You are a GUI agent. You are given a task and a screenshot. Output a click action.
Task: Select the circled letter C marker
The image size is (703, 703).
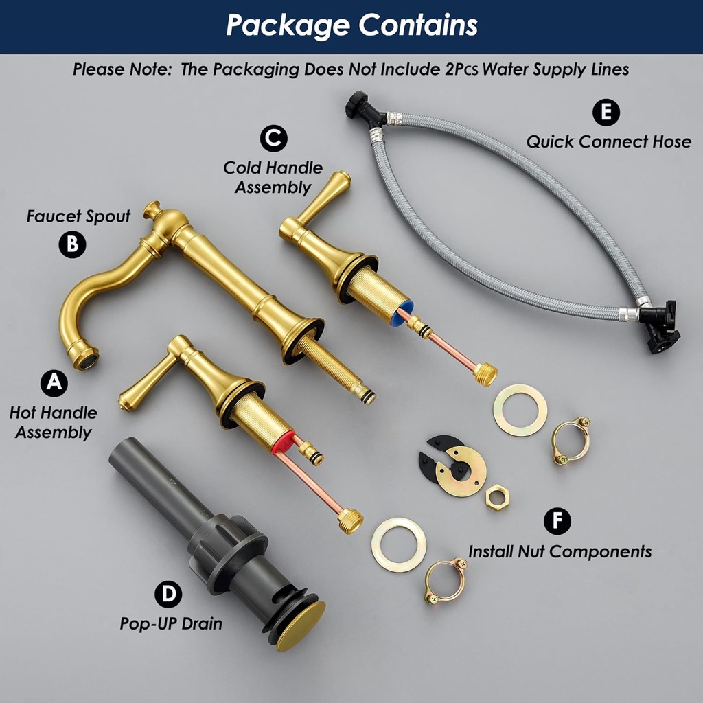pyautogui.click(x=273, y=138)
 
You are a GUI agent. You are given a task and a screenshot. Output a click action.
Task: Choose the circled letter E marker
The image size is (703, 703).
pyautogui.click(x=606, y=113)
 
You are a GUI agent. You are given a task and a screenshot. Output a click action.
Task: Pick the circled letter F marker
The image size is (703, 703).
pyautogui.click(x=557, y=521)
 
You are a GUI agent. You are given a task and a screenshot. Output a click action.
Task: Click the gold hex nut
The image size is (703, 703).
pyautogui.click(x=497, y=498)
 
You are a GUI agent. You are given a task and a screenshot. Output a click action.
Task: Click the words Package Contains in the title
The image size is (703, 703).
pyautogui.click(x=351, y=25)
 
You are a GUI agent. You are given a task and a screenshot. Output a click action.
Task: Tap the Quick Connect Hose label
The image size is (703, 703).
pyautogui.click(x=608, y=142)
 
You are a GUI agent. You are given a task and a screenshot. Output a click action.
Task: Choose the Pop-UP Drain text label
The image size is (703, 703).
pyautogui.click(x=171, y=624)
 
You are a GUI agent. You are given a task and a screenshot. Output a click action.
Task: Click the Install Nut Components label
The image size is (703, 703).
pyautogui.click(x=560, y=551)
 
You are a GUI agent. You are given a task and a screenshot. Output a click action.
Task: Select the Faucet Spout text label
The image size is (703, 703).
pyautogui.click(x=78, y=216)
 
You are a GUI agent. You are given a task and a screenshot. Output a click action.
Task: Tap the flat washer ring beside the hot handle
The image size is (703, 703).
pyautogui.click(x=398, y=544)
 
